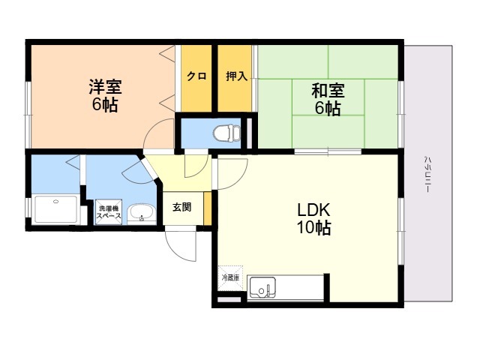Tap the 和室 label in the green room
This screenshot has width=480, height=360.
pos(327,91)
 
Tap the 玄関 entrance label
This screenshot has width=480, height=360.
pos(181,207)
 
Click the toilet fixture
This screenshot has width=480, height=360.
pos(224,134)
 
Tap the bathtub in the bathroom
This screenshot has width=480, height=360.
pos(55,209)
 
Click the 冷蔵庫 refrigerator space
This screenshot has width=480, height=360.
pos(230,277)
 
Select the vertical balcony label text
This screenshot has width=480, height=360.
pos(426,174)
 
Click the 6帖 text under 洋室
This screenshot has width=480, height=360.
pos(105,105)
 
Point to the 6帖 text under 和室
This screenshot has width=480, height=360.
pos(327,109)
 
